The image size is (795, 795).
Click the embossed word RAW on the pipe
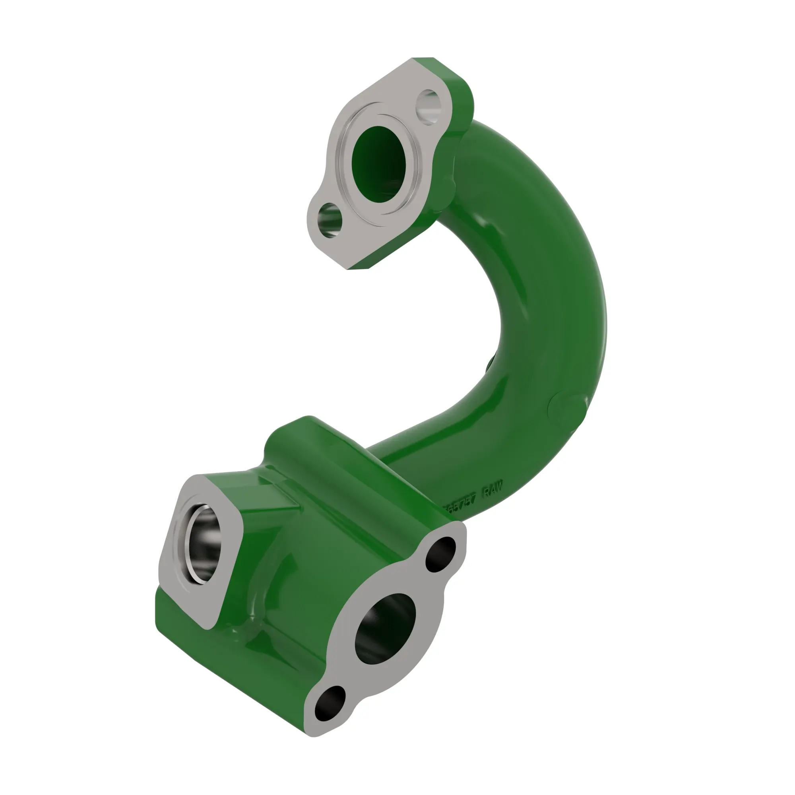493,489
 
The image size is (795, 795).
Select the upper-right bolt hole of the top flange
428,107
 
